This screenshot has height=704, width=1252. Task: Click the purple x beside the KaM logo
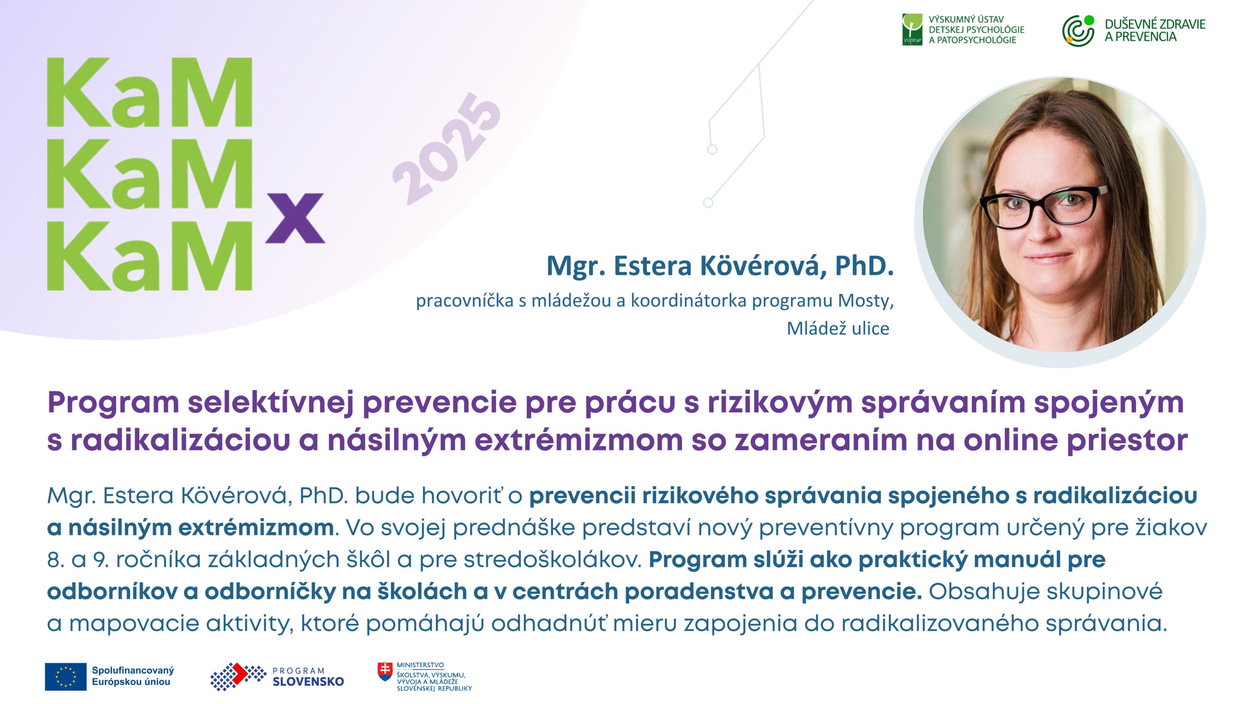(295, 218)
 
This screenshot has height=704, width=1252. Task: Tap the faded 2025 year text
(447, 149)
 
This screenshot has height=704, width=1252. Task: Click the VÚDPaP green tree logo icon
(912, 29)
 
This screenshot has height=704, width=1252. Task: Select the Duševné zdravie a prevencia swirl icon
(1078, 30)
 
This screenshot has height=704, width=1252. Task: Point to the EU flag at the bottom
(66, 677)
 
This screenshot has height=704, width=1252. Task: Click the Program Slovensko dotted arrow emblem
(238, 677)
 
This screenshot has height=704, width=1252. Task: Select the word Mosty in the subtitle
(866, 301)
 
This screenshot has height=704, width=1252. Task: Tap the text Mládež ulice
(838, 329)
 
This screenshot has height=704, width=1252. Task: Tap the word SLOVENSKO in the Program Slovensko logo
(308, 682)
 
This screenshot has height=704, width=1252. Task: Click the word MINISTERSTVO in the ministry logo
(420, 665)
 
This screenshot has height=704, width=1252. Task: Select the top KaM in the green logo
(149, 92)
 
